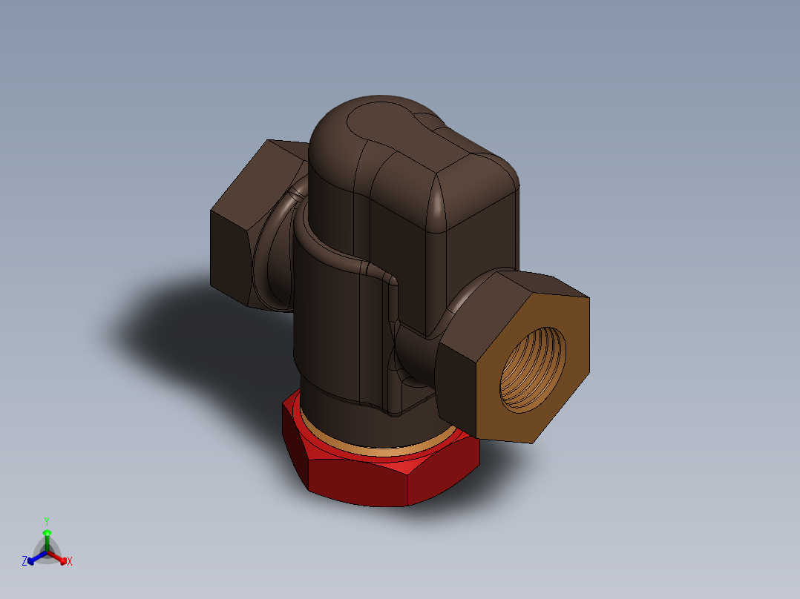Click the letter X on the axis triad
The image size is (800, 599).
click(x=70, y=561)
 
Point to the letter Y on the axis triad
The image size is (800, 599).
click(x=46, y=521)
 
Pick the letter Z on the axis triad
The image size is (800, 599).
click(x=24, y=561)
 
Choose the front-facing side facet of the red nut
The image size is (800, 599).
click(x=356, y=482)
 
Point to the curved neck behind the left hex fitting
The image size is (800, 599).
click(x=275, y=252)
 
